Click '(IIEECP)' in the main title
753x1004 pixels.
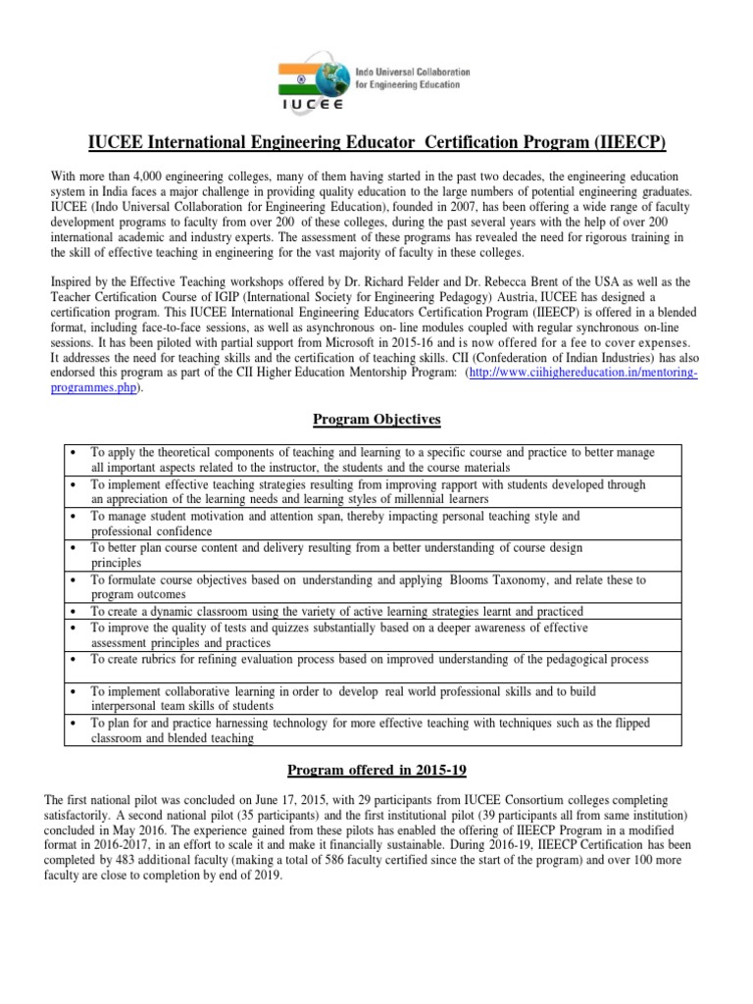pos(630,143)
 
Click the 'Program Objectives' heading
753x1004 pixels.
pos(376,420)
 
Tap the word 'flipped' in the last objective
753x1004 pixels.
pos(631,723)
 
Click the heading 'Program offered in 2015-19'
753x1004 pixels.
pos(376,770)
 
